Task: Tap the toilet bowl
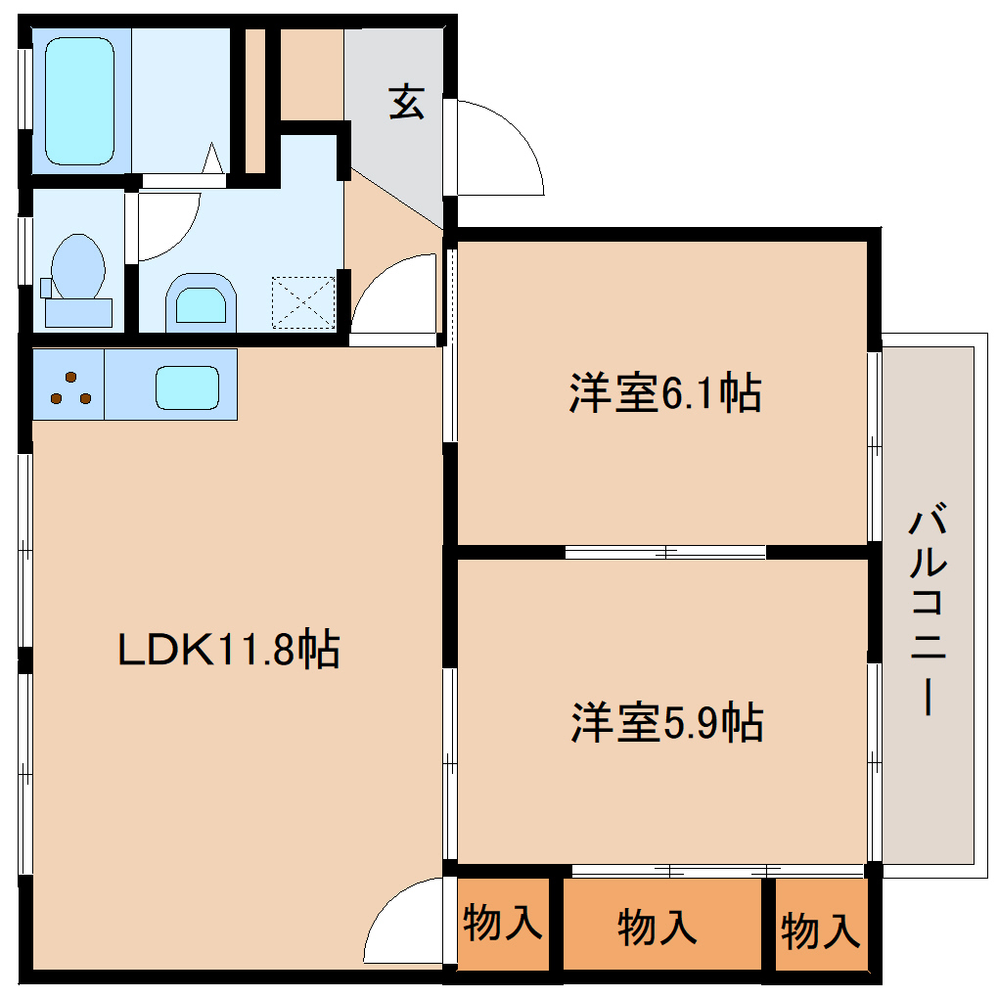[78, 265]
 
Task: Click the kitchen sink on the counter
[187, 387]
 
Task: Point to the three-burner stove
[68, 386]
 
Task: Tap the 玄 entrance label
[407, 102]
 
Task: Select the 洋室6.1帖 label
[664, 393]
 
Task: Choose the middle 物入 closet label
[658, 927]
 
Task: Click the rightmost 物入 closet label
[821, 930]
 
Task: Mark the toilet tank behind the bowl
[78, 311]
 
